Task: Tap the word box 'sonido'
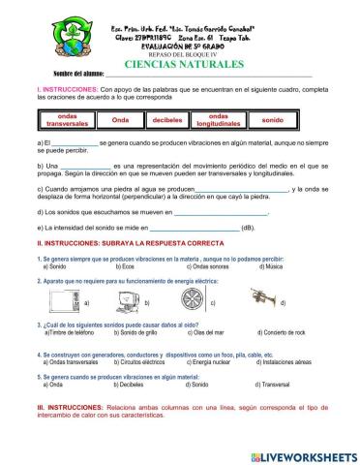point(273,119)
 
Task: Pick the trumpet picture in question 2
point(270,301)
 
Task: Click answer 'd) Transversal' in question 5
point(277,385)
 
